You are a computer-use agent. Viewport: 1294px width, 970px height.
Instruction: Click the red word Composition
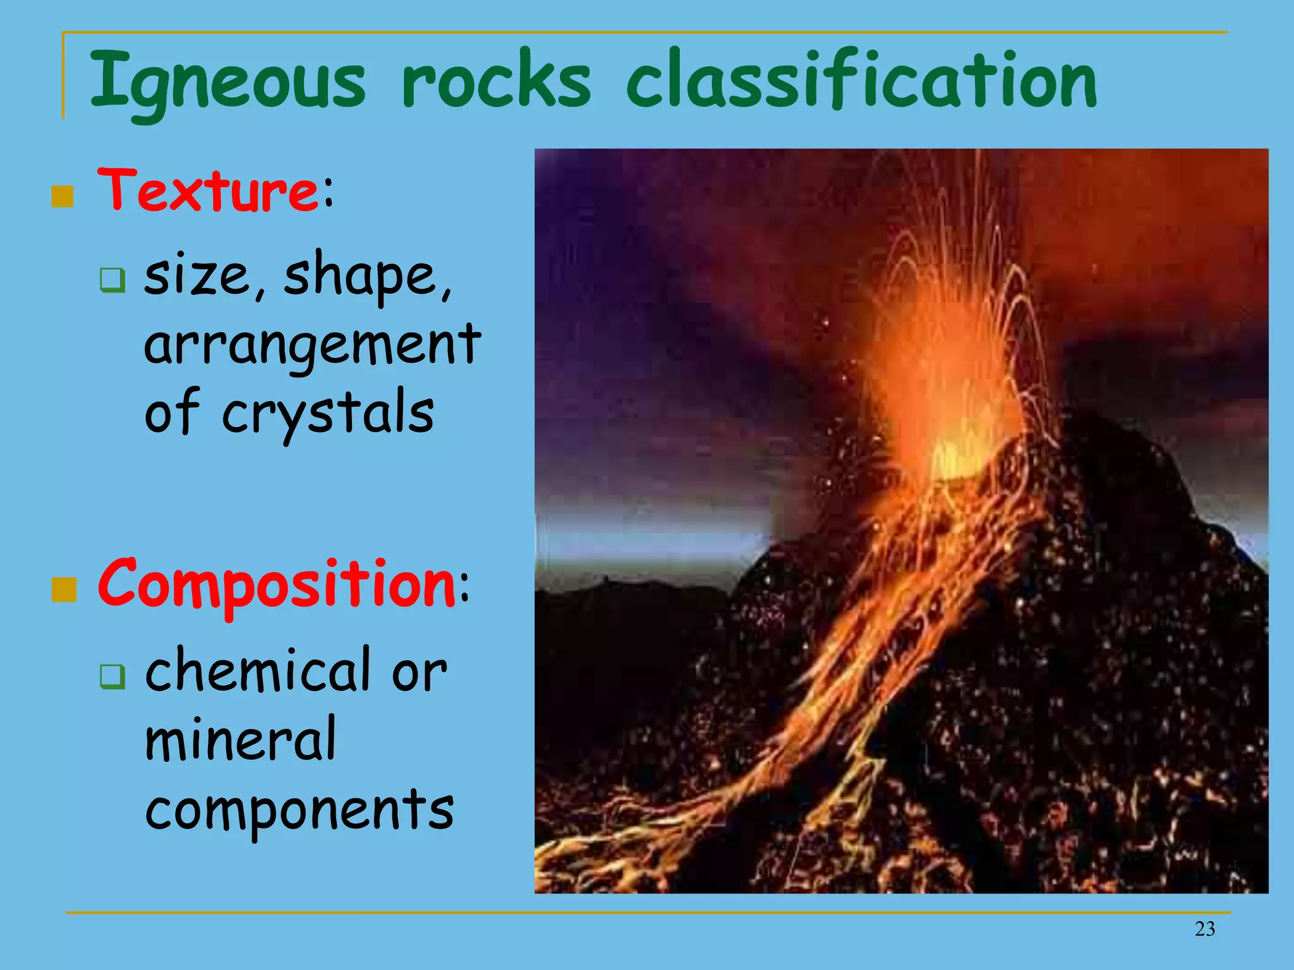pyautogui.click(x=276, y=584)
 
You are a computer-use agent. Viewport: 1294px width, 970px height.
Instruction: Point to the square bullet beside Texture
pyautogui.click(x=63, y=196)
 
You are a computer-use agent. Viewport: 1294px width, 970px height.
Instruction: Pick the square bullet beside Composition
pyautogui.click(x=63, y=590)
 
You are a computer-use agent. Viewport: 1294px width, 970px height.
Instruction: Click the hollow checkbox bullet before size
pyautogui.click(x=112, y=280)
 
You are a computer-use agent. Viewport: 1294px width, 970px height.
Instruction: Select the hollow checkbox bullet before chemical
pyautogui.click(x=112, y=676)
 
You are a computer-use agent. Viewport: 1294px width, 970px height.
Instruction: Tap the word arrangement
pyautogui.click(x=312, y=345)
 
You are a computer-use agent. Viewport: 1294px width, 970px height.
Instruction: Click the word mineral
pyautogui.click(x=240, y=739)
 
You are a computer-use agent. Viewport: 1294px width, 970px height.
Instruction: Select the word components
pyautogui.click(x=299, y=810)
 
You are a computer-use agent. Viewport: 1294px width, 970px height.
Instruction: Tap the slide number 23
pyautogui.click(x=1204, y=929)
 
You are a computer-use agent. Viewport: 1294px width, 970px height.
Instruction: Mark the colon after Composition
pyautogui.click(x=464, y=587)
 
